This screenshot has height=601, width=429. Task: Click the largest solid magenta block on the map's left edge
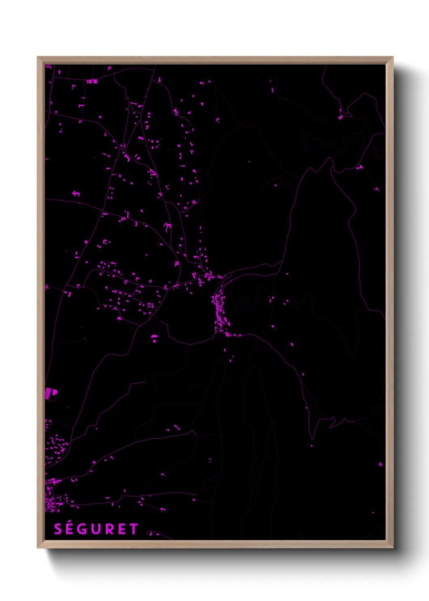(51, 393)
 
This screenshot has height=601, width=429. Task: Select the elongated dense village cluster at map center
(220, 313)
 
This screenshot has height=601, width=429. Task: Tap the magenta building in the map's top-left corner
(48, 67)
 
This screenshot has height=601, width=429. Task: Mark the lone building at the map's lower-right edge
(380, 464)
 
